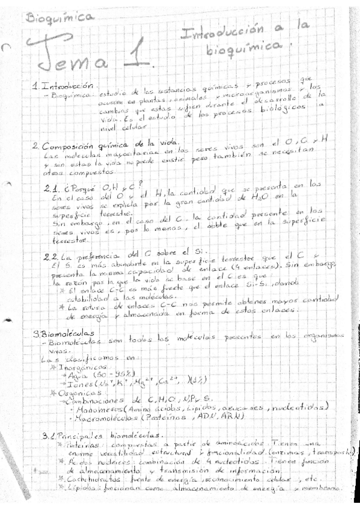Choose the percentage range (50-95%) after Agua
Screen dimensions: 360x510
click(114, 375)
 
